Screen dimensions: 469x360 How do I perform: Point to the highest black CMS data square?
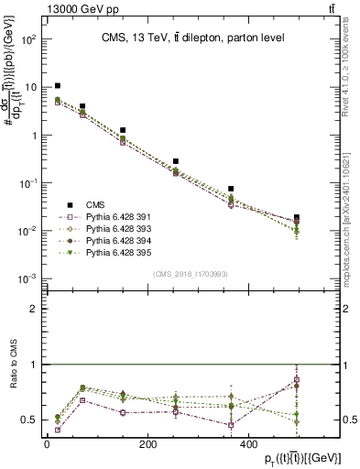(58, 85)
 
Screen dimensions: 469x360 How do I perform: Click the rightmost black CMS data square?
(347, 217)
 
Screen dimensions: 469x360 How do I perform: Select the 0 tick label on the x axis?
(47, 444)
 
